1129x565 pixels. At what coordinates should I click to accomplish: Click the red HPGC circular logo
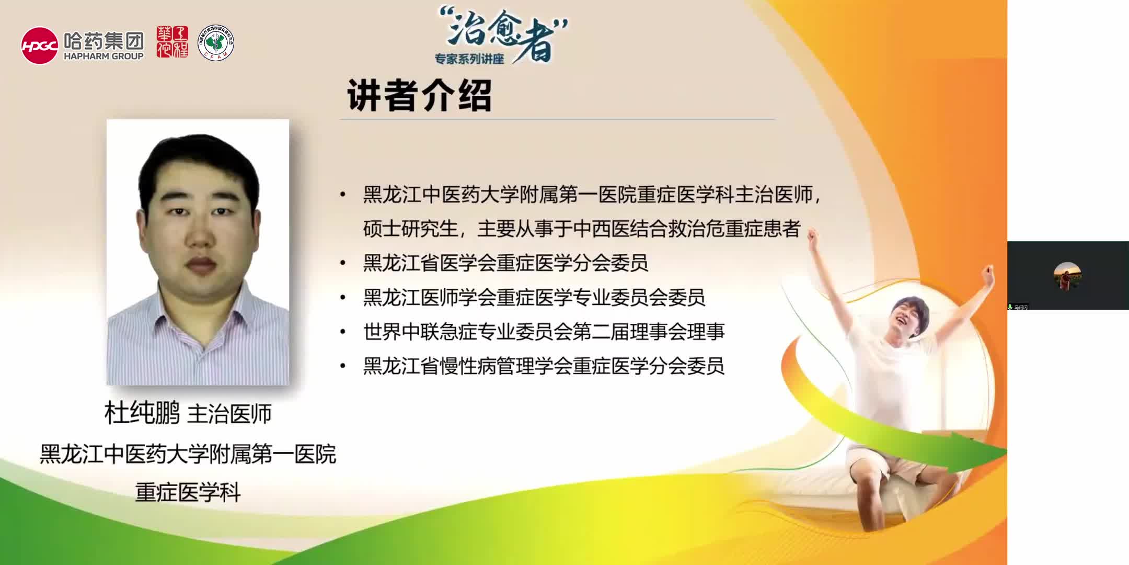[39, 46]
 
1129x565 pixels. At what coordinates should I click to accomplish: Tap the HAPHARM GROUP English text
[103, 56]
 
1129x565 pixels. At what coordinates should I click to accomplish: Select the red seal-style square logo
[172, 42]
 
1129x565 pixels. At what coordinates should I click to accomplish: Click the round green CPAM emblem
[215, 43]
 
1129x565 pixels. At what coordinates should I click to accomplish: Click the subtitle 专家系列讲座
[469, 59]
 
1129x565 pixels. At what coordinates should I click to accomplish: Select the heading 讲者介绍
[419, 96]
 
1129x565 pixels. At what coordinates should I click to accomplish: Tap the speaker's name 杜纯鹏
[142, 413]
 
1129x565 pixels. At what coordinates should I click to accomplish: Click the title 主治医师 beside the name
[229, 414]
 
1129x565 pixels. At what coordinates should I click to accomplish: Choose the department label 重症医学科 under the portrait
[188, 492]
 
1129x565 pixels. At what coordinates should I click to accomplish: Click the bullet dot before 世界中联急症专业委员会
[343, 332]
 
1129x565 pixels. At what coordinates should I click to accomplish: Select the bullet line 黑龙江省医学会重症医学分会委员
[505, 263]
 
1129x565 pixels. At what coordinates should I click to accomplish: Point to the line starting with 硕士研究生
[581, 229]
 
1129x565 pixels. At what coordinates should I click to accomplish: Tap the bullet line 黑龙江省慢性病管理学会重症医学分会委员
[544, 366]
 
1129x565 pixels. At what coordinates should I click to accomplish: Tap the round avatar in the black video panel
[1067, 276]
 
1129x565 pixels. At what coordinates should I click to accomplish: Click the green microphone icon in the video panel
[1010, 307]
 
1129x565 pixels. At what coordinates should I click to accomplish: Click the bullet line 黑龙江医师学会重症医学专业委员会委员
[534, 297]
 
